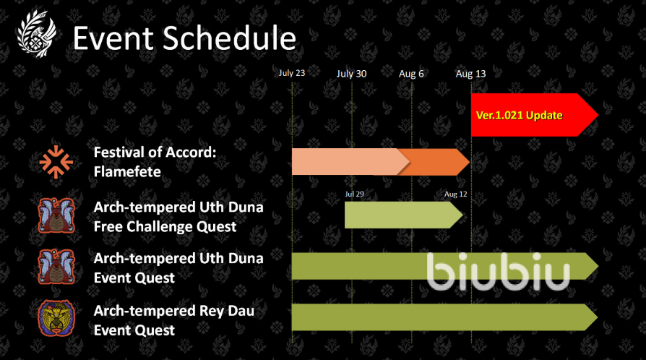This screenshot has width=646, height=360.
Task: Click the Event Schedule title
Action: pos(184,38)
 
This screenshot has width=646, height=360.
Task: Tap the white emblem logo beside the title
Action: pos(37,34)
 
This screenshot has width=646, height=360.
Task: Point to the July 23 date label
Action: pos(292,73)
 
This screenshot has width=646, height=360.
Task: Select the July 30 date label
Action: pos(351,74)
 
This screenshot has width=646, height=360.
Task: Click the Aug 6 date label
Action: pos(411,74)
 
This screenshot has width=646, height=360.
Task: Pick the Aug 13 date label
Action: pos(470,74)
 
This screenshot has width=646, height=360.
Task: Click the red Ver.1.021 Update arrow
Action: pos(534,115)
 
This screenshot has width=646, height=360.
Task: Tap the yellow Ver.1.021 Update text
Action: pos(519,115)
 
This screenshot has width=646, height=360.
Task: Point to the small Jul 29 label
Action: pos(354,194)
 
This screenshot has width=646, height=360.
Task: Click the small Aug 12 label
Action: pos(456,194)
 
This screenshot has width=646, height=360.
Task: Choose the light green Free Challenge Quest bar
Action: pos(404,215)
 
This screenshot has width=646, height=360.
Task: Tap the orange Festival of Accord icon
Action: pos(56,162)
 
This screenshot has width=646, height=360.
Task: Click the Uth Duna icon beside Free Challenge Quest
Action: pos(56,215)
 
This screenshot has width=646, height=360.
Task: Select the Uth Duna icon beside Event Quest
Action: pos(56,267)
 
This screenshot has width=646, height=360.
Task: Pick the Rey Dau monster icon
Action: pos(56,318)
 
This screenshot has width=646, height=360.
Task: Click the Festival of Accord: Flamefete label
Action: pos(155,162)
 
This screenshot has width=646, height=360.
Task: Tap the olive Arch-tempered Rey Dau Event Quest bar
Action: pos(445,317)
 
